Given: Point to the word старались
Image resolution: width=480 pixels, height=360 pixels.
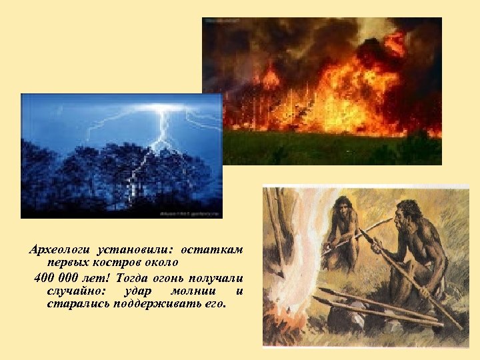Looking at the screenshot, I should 74,304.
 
